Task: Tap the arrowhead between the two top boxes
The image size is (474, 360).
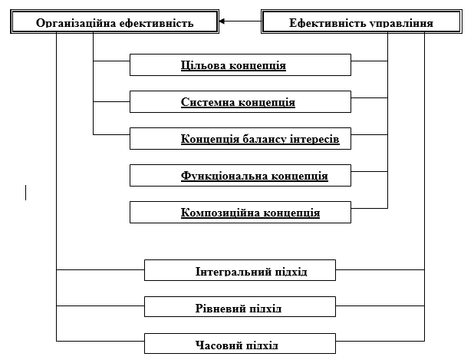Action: [222, 22]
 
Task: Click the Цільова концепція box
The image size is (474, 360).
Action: [240, 65]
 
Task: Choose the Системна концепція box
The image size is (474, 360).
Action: [240, 102]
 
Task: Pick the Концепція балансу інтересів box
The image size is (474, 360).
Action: [240, 139]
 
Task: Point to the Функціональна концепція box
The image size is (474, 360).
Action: [240, 176]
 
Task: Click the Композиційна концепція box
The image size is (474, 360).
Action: [240, 213]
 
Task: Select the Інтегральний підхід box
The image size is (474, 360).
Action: [240, 271]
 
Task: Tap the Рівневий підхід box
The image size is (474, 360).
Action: [240, 308]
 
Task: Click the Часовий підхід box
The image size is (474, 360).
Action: [240, 345]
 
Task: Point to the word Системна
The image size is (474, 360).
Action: [206, 102]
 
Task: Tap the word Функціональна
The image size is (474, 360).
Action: [224, 176]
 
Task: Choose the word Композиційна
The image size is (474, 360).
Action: [222, 213]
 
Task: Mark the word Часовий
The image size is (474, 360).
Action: [219, 345]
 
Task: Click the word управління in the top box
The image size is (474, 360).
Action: [400, 23]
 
